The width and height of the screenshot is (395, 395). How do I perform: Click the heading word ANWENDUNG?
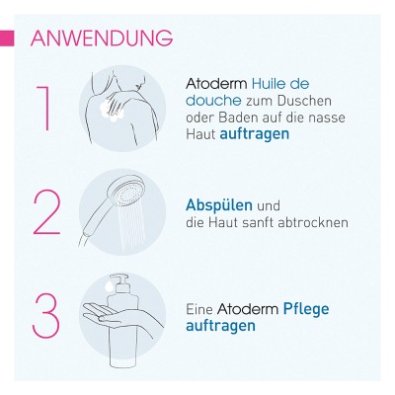pos(102,39)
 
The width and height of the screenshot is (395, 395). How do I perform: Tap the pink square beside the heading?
pos(7,39)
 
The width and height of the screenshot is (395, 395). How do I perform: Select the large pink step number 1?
pos(44,109)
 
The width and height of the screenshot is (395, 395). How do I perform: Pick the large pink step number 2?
pos(46,212)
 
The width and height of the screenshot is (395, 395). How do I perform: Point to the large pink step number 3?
pos(46,315)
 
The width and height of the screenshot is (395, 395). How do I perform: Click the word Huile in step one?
pos(268,84)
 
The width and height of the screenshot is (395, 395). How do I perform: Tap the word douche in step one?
pos(213,101)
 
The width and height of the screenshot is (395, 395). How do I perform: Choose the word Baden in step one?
pos(236,118)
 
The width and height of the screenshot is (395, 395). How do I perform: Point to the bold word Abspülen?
pos(219,206)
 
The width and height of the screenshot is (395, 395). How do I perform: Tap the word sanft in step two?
pos(258,222)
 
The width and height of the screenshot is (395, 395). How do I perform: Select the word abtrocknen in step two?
pos(313,222)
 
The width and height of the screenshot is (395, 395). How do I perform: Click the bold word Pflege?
pos(306,310)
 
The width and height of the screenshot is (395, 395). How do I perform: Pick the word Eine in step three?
pos(199,309)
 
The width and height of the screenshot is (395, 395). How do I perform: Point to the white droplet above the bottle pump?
pos(108,286)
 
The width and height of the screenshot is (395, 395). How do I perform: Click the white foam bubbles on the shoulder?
pos(113,112)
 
